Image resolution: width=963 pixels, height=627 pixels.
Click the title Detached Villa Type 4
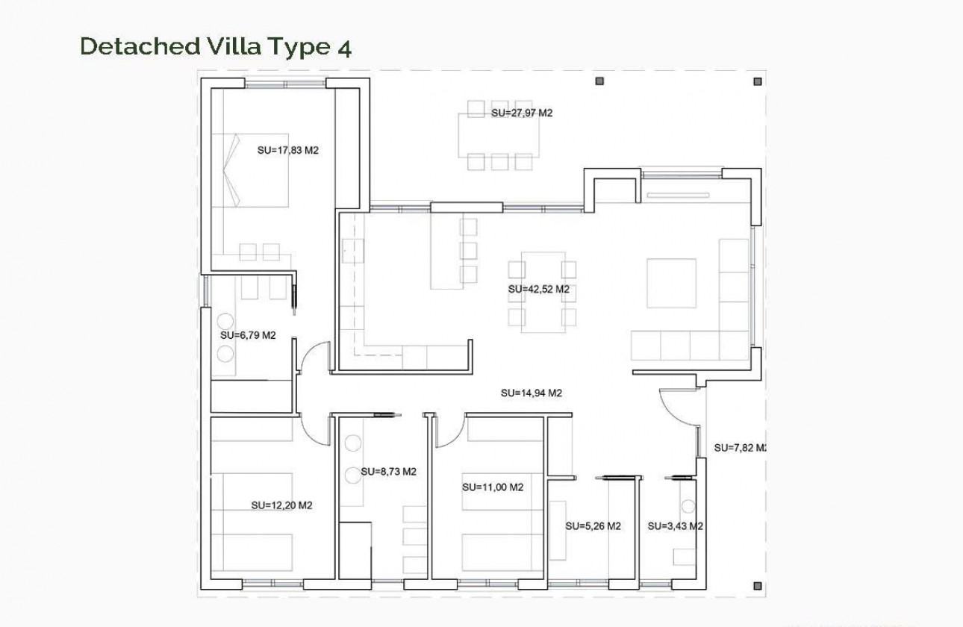click(x=215, y=46)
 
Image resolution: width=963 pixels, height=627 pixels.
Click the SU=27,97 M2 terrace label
click(x=521, y=113)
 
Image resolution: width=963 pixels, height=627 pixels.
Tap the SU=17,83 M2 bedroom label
click(x=287, y=150)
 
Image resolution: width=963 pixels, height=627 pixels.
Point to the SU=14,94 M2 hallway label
click(x=531, y=393)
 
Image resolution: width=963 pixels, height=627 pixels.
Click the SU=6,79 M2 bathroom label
click(x=248, y=335)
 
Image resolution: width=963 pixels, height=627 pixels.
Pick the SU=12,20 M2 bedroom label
click(x=281, y=505)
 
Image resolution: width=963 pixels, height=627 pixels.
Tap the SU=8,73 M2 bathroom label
click(x=387, y=472)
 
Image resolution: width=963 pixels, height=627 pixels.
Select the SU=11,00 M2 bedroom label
click(x=492, y=487)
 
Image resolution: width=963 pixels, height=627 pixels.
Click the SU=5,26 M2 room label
click(x=593, y=526)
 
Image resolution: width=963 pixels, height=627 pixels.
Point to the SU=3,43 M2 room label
click(x=675, y=526)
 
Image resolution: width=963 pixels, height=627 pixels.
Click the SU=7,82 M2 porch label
click(x=739, y=448)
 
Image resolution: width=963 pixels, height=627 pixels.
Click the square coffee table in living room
click(x=671, y=283)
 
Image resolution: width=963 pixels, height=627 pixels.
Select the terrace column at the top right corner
click(x=758, y=81)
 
